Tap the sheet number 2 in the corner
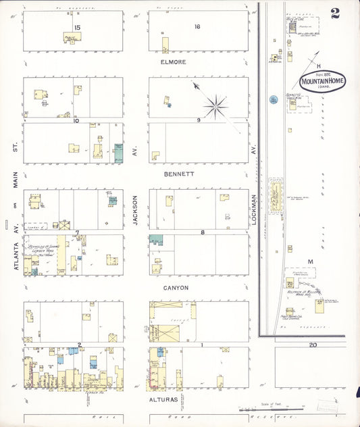335,11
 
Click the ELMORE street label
173,61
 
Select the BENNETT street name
179,174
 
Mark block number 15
77,27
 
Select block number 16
197,27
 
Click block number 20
313,345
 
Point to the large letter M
311,261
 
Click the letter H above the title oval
317,65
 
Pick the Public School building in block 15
72,37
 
